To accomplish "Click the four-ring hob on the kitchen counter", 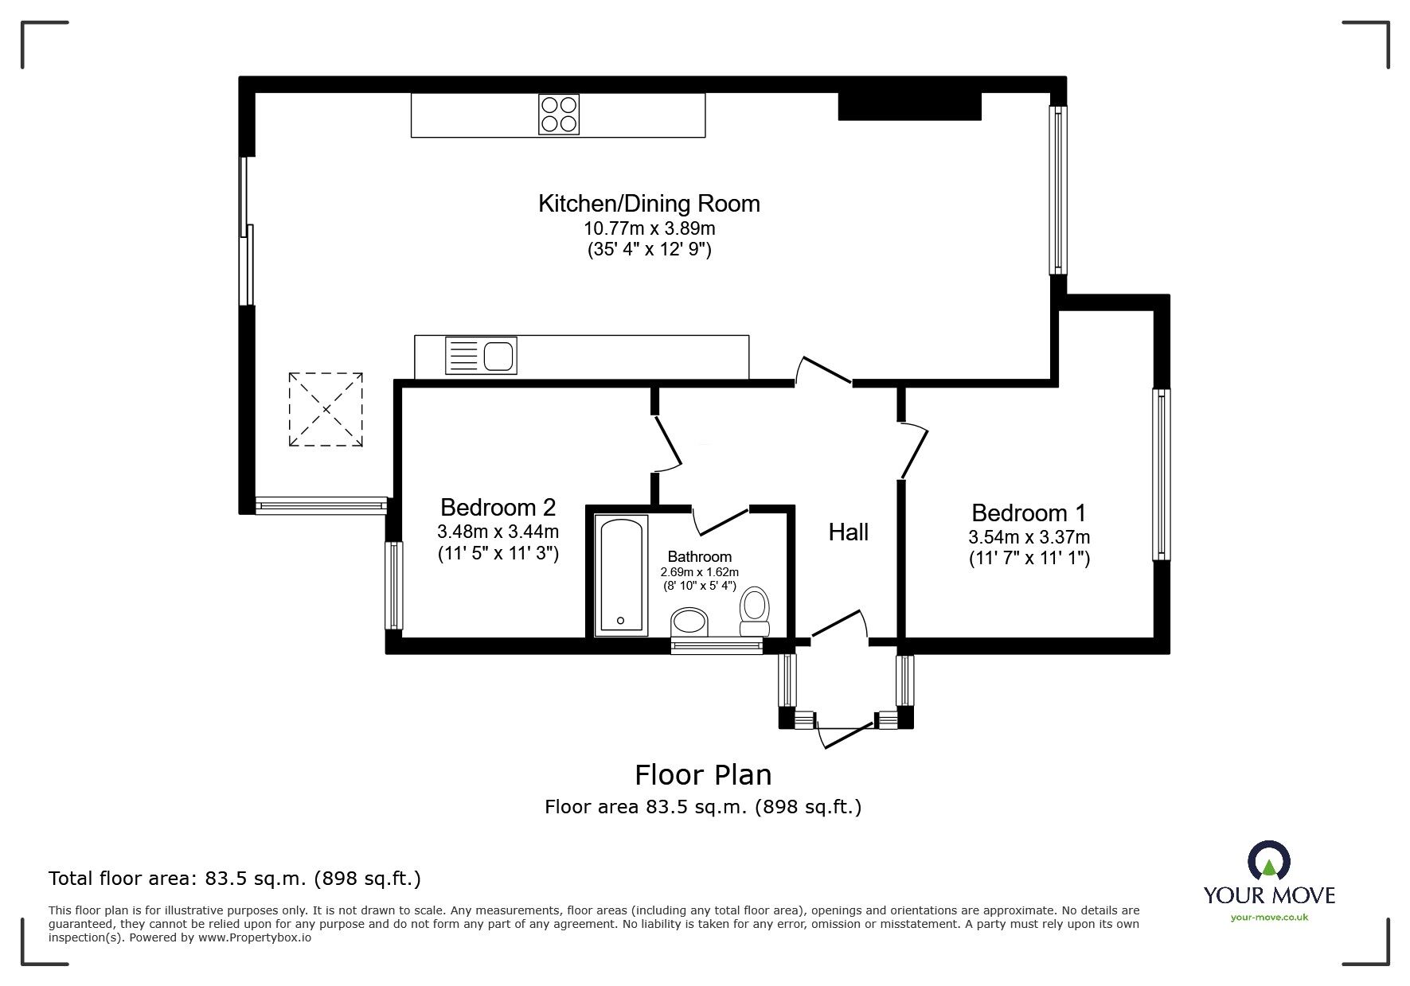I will (x=559, y=115).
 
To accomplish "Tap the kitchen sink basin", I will (x=499, y=355).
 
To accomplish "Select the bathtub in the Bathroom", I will (x=622, y=575).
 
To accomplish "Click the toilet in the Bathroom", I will (x=754, y=611).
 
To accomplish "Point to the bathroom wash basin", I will (x=689, y=622).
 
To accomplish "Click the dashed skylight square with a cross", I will (x=326, y=409).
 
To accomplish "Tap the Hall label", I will (x=848, y=532).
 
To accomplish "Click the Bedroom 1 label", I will (x=1029, y=512).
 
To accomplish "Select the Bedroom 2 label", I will (x=498, y=507).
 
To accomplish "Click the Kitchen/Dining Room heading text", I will (x=649, y=204).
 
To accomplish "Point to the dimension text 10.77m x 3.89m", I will (x=649, y=228).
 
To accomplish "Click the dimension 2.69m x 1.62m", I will (x=699, y=572).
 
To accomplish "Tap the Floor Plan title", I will (x=702, y=774).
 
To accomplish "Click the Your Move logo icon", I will (x=1268, y=862).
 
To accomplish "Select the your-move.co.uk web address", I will (x=1269, y=918).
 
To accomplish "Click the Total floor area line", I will (x=235, y=879).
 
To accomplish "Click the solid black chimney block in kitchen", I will (x=909, y=107).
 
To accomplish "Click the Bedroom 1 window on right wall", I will (x=1162, y=474).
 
